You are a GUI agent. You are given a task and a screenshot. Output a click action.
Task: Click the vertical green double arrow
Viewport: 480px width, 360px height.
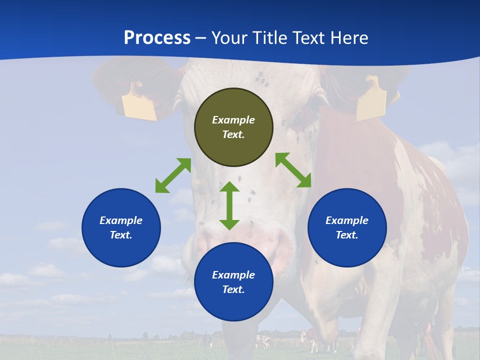point(229,205)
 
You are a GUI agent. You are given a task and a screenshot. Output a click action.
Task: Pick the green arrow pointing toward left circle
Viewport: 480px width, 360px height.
point(173,175)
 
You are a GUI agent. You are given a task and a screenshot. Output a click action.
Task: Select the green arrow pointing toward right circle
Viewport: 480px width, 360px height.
point(293,170)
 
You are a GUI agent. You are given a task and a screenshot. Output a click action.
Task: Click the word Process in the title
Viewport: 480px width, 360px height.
point(157,38)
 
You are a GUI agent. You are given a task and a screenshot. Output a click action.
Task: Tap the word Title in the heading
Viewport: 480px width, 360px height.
point(269,38)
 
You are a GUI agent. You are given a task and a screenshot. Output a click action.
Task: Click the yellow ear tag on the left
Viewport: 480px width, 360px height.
point(139,103)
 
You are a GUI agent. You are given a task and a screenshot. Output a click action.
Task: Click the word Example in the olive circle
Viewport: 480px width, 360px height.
point(233,120)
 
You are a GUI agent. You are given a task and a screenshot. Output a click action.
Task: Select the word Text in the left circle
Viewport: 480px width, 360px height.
point(121,235)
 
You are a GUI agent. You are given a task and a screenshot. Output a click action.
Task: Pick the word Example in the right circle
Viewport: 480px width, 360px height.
point(347,220)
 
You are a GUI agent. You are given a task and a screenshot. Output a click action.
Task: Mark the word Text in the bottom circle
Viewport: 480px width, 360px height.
point(233,289)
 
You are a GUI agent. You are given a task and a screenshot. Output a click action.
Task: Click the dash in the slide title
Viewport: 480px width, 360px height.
point(201,38)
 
